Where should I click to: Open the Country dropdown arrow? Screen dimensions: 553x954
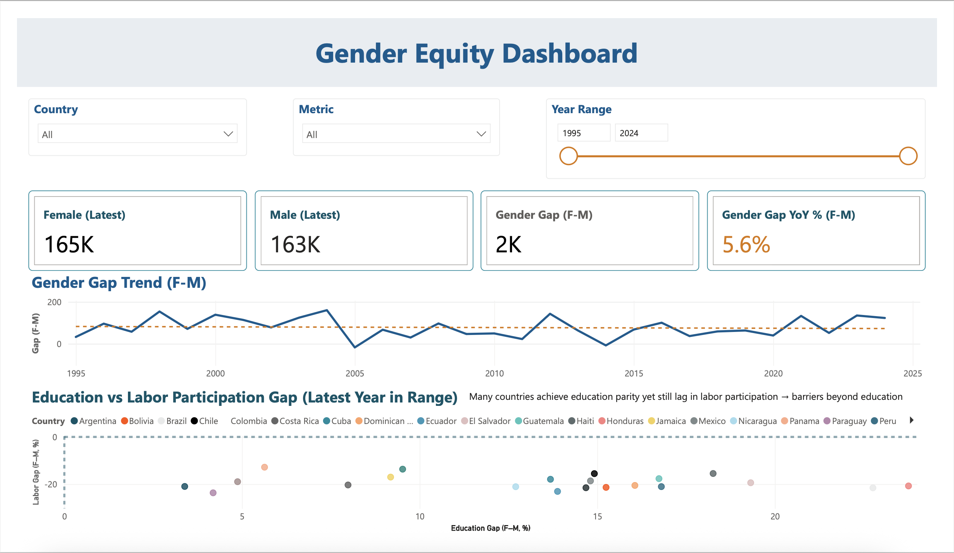pos(228,134)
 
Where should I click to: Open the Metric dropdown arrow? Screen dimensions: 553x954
pos(481,134)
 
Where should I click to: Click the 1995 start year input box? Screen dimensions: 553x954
pos(583,133)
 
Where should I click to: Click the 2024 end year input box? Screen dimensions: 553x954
pos(640,133)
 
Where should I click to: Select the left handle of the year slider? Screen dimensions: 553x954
pos(568,156)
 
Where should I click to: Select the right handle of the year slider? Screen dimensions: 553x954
pos(908,156)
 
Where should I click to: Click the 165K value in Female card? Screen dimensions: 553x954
pos(69,244)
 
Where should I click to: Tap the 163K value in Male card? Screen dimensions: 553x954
pos(295,244)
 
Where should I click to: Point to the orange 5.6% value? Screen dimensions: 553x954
pos(746,244)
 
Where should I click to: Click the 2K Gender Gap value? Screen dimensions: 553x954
pos(508,244)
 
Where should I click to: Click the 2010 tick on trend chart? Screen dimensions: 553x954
pos(494,373)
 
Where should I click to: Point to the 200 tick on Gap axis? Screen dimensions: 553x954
pos(54,302)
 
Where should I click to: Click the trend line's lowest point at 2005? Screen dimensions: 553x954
pos(355,347)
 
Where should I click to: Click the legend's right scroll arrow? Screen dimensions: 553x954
pos(912,420)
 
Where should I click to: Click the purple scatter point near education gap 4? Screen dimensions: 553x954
pos(213,493)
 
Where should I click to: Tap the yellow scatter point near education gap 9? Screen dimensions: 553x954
pos(390,477)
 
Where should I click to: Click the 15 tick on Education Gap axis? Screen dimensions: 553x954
pos(597,516)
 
